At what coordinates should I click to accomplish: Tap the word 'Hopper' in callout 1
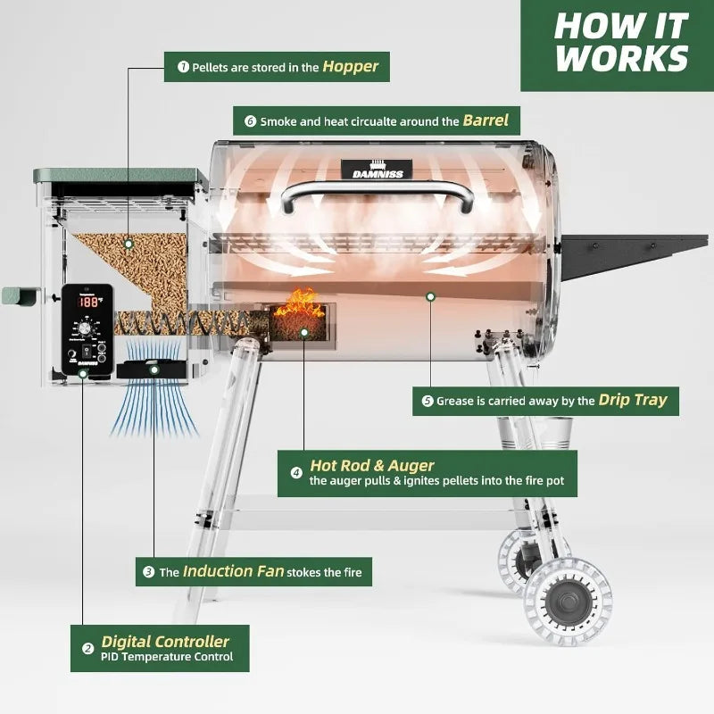350,66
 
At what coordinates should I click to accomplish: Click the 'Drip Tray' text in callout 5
632,400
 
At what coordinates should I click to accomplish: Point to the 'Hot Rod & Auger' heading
372,465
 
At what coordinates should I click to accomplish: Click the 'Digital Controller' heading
165,641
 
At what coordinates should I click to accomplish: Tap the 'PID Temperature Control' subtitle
167,657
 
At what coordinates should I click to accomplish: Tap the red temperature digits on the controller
88,303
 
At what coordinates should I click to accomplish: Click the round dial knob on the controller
87,328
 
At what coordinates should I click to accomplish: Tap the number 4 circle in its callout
296,473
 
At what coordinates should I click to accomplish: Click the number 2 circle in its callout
87,649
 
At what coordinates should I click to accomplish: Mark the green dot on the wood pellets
129,243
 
